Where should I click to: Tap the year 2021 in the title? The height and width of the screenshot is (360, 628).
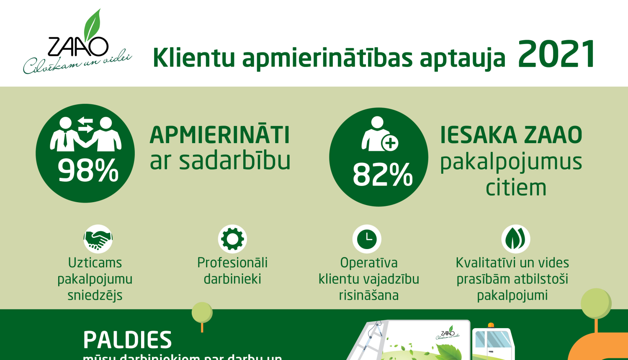[556, 54]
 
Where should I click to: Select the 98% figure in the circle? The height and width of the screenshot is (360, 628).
[88, 171]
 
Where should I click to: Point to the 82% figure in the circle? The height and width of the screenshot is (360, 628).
[382, 175]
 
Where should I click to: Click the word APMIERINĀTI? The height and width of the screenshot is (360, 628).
[220, 135]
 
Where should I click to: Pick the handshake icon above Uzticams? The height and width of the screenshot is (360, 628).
[98, 239]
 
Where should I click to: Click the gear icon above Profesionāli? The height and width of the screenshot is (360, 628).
[232, 239]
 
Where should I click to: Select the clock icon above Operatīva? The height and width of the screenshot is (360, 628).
[367, 239]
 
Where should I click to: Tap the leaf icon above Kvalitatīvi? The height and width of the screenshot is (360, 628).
[515, 239]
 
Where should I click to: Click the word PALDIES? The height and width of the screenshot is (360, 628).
[127, 340]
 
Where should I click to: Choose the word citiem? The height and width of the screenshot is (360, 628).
[516, 188]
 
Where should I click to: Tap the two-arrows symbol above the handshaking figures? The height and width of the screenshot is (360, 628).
[85, 124]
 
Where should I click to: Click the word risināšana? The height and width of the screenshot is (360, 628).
[368, 296]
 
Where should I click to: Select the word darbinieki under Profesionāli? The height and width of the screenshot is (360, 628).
[232, 279]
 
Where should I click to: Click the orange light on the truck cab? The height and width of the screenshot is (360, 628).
[491, 325]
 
